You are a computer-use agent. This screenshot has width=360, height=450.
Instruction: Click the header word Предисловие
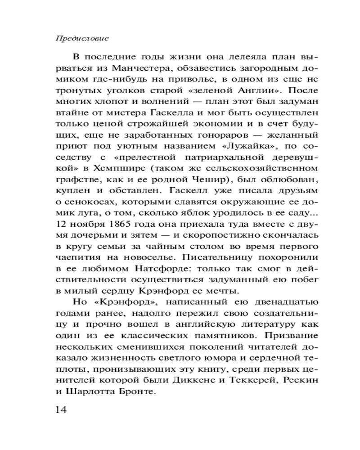coord(82,39)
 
